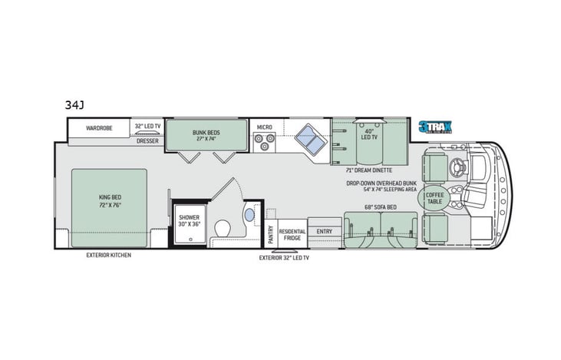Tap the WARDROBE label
coord(100,127)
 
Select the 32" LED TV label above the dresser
coord(147,127)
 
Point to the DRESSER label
coord(147,140)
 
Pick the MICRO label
coord(264,127)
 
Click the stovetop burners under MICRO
coord(264,142)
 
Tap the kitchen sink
coord(310,139)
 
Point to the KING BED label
coord(111,200)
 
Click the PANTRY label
coord(270,230)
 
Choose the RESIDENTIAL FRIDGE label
coord(292,234)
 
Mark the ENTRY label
coord(325,230)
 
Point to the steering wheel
coord(461,164)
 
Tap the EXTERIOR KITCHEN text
coord(108,255)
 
